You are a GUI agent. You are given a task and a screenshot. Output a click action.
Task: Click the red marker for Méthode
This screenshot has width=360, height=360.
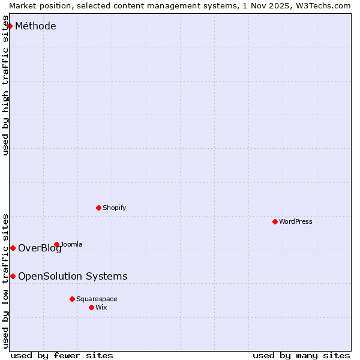coord(10,26)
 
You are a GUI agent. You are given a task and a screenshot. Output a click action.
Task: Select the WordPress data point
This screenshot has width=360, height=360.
coord(275,221)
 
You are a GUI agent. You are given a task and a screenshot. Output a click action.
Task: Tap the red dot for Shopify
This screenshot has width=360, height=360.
coord(98,208)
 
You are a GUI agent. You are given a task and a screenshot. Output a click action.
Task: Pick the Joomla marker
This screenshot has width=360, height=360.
coord(56,244)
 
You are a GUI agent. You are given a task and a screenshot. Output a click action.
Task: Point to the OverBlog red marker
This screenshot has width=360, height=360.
coord(13,248)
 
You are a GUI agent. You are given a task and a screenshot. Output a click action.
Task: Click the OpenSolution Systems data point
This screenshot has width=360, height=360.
coord(13,276)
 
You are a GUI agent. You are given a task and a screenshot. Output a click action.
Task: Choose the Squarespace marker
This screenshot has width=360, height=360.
coord(72,299)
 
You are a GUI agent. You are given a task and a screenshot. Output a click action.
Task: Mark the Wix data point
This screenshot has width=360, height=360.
coord(91,307)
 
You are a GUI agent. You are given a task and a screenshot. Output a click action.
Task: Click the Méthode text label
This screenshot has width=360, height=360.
coord(35,26)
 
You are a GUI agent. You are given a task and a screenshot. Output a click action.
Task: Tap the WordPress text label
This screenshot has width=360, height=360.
coord(296,221)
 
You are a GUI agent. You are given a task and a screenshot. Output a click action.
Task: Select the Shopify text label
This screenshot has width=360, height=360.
coord(114,208)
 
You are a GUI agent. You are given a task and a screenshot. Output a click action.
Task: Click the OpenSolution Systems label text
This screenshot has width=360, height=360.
coord(73,276)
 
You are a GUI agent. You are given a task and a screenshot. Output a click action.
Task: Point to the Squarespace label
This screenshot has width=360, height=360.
coord(97,299)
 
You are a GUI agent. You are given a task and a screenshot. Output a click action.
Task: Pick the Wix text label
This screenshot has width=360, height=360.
coord(101,307)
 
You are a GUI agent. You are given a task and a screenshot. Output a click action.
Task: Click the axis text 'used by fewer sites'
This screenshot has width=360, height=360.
coord(62,355)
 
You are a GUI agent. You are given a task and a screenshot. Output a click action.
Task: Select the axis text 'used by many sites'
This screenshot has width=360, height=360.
coord(301,355)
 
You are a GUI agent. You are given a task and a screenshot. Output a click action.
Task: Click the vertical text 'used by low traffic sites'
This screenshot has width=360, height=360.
coord(5,280)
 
